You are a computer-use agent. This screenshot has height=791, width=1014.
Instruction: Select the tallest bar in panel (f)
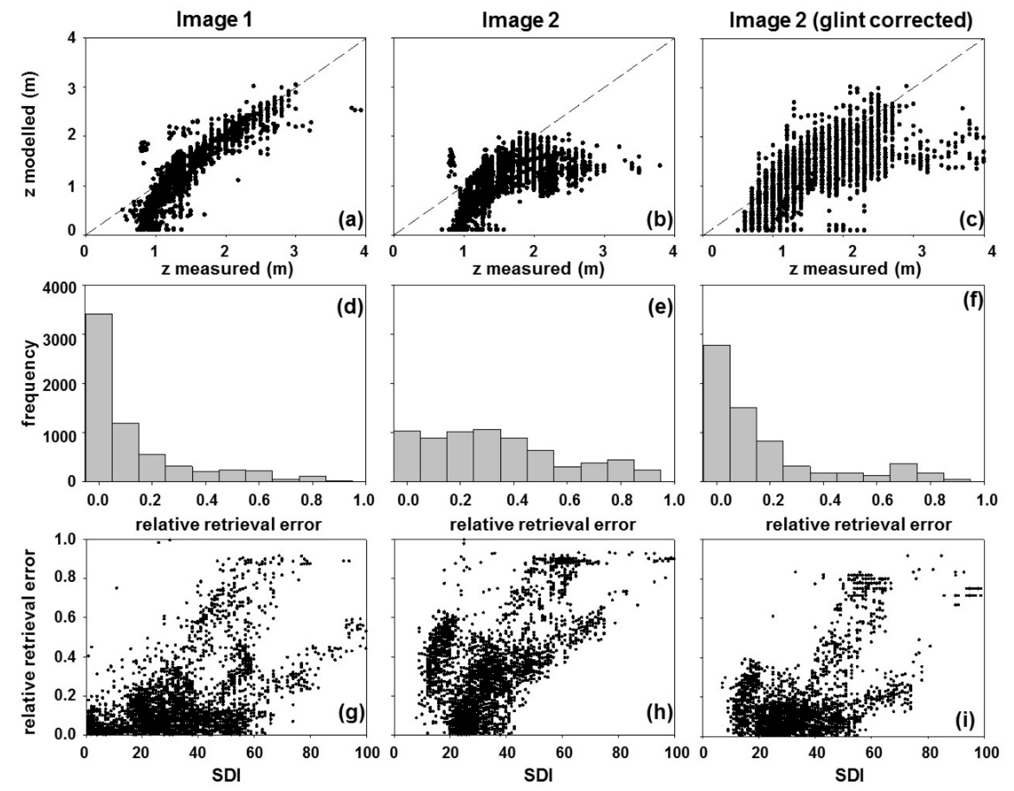(716, 413)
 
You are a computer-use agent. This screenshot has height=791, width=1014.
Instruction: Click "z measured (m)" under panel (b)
(538, 270)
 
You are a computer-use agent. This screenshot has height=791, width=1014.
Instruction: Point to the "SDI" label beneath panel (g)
(226, 776)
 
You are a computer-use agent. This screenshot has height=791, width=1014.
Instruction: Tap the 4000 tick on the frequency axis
(62, 288)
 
